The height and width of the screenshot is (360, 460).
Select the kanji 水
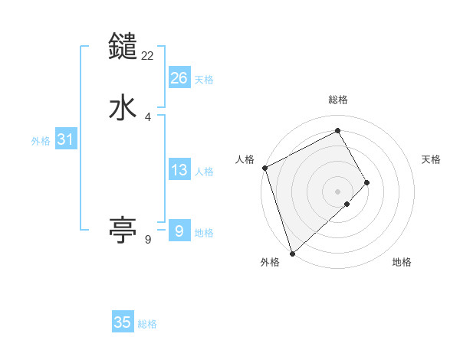click(x=123, y=108)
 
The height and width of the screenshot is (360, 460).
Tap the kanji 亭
click(x=123, y=228)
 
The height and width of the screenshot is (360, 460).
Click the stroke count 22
click(x=148, y=55)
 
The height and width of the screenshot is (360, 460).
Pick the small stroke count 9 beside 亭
click(x=148, y=240)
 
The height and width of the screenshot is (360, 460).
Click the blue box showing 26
click(x=179, y=78)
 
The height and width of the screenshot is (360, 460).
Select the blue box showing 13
click(x=179, y=170)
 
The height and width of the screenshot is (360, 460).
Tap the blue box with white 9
click(x=179, y=231)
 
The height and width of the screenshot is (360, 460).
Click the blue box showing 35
click(x=123, y=322)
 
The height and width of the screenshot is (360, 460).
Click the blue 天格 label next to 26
click(x=204, y=80)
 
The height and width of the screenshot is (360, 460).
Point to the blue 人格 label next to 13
click(x=204, y=172)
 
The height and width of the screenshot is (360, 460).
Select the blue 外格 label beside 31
click(x=41, y=141)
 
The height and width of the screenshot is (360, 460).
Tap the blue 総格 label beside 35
click(x=147, y=324)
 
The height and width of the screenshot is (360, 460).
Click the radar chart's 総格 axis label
click(x=338, y=100)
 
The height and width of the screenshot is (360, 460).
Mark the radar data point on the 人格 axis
click(x=264, y=168)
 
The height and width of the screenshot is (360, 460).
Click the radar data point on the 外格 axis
click(x=292, y=252)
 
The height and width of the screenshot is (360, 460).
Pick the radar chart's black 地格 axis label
click(x=402, y=262)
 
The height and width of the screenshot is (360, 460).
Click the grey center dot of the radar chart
click(x=338, y=190)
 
